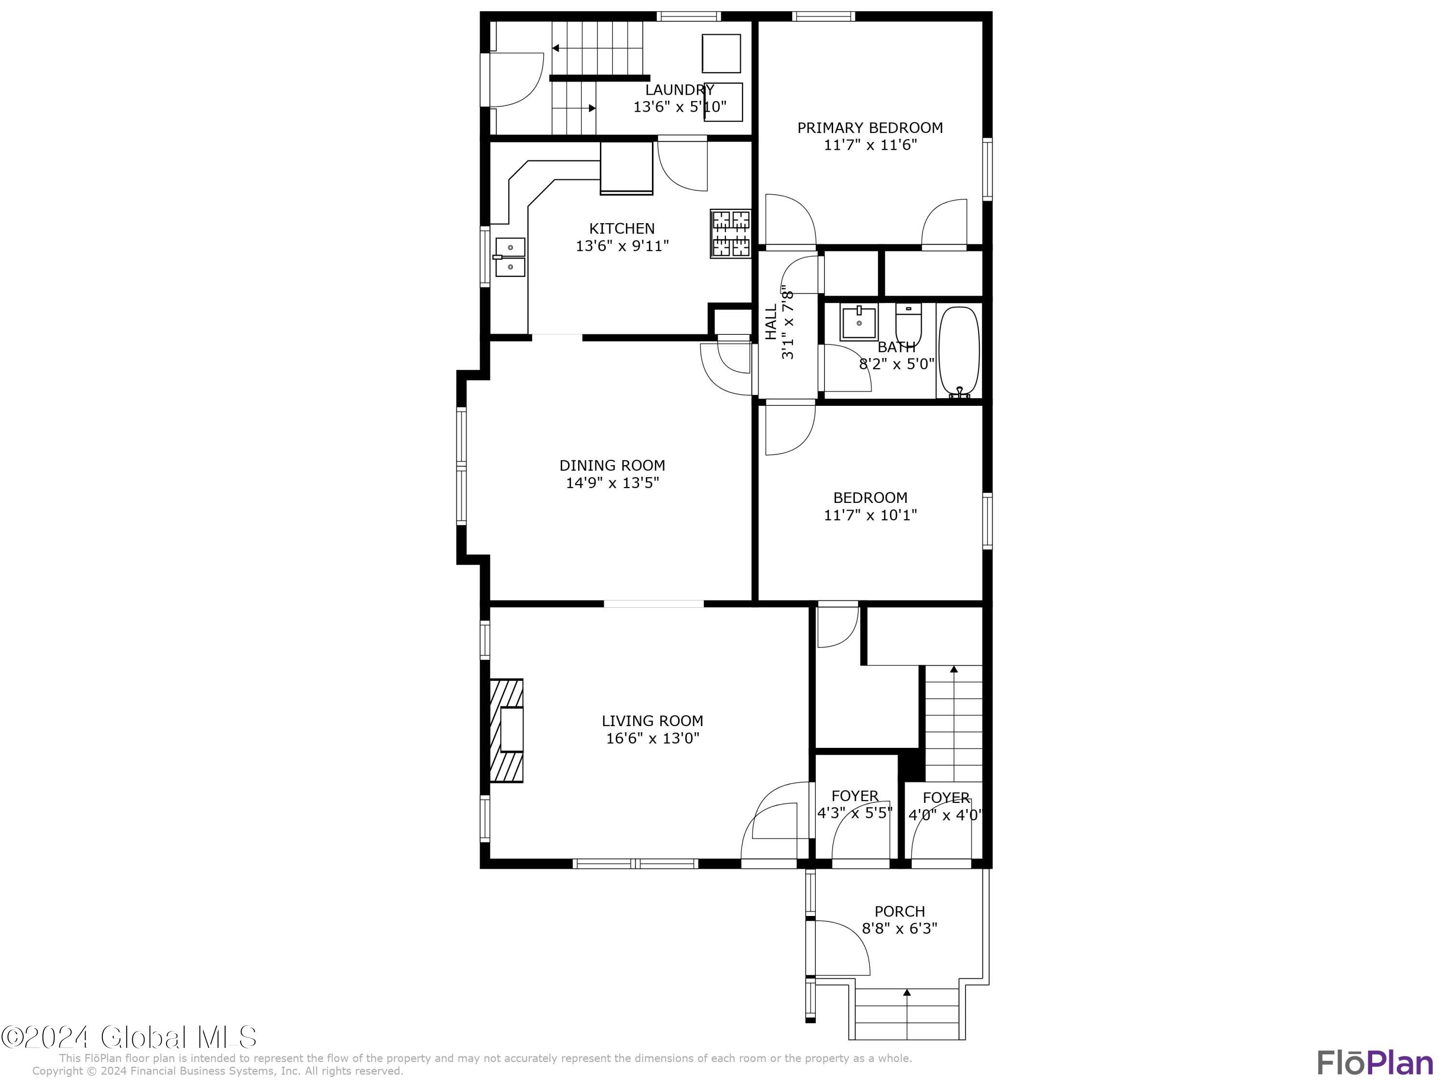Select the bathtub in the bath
(x=958, y=351)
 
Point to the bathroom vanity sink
(x=859, y=322)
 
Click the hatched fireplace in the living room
(x=506, y=730)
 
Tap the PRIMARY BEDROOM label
(x=869, y=128)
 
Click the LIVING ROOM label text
(x=652, y=721)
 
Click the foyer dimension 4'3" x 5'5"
(x=854, y=813)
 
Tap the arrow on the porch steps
(x=907, y=994)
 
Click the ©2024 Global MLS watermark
(x=129, y=1037)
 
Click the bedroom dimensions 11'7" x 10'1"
(x=869, y=515)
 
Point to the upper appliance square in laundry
(x=721, y=53)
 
